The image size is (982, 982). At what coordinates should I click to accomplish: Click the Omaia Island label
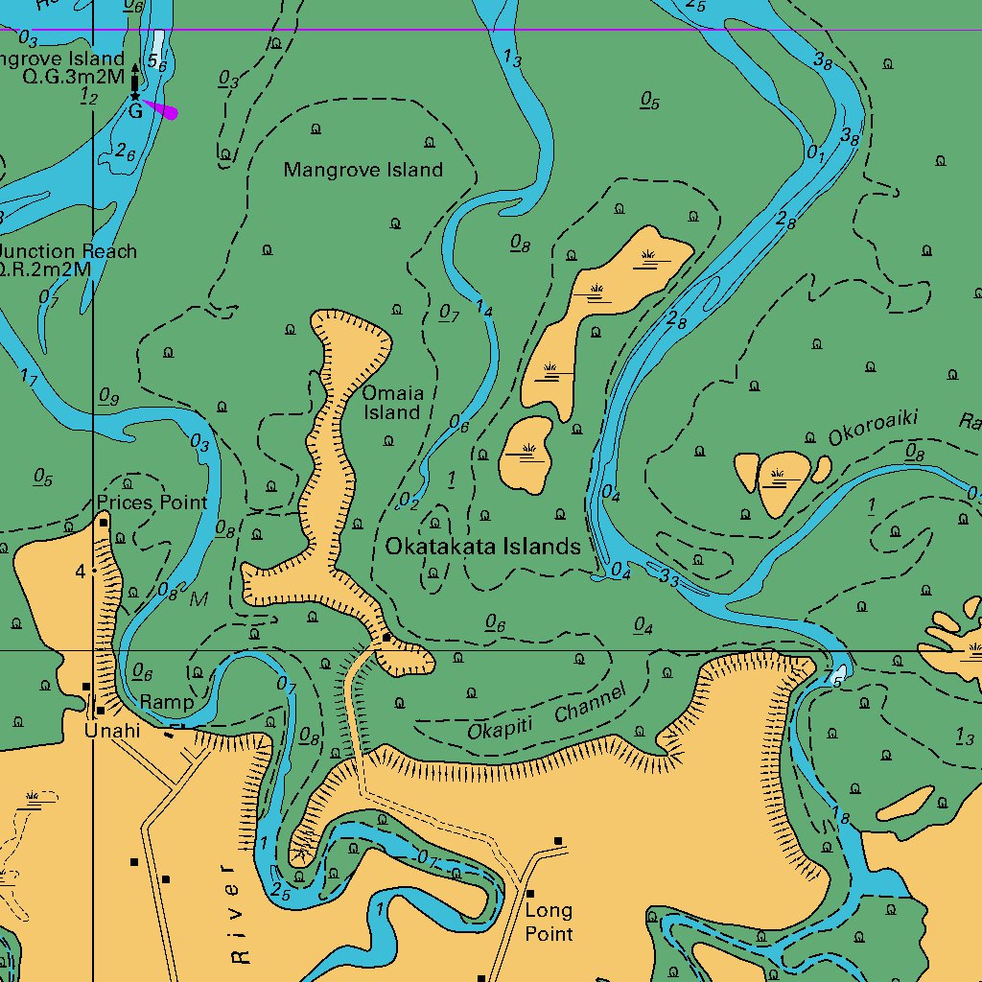(x=391, y=403)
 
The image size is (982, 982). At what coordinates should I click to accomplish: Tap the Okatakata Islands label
(x=482, y=547)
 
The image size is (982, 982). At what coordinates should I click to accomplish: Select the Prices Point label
(x=152, y=503)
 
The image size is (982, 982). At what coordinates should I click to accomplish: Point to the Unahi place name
(x=111, y=731)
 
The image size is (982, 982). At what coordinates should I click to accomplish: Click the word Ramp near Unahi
(x=166, y=702)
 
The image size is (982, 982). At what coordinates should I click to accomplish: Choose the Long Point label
(x=549, y=922)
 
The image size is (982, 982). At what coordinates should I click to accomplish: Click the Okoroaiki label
(x=874, y=427)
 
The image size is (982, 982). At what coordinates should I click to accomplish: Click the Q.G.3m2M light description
(x=74, y=77)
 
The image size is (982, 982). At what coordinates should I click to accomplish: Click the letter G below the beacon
(x=135, y=111)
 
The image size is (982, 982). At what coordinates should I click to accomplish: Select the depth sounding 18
(x=841, y=818)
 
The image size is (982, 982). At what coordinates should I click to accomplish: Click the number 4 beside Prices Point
(x=81, y=572)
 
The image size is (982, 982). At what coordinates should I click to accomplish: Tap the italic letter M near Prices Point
(x=199, y=599)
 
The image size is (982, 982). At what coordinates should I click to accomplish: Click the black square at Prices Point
(x=103, y=523)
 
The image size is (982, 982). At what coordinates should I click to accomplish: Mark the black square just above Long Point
(x=558, y=841)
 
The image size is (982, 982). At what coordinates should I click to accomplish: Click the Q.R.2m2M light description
(x=46, y=269)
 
